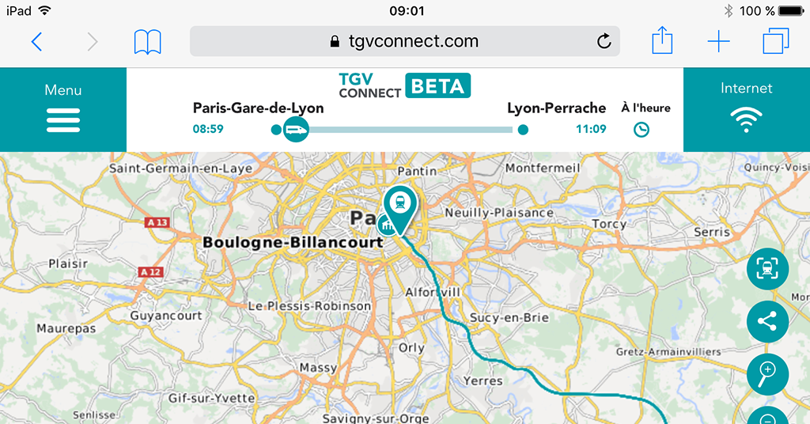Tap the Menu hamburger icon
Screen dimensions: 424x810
[x=63, y=119]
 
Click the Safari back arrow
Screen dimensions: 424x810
[x=36, y=41]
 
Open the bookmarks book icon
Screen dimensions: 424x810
[x=147, y=41]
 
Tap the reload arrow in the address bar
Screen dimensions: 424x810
[x=604, y=41]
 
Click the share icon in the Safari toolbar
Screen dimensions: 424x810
[x=661, y=40]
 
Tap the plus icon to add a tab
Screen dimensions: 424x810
[x=718, y=41]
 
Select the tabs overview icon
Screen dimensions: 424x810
[x=776, y=41]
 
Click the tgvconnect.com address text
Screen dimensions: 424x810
[x=413, y=41]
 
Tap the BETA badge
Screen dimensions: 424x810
[x=437, y=86]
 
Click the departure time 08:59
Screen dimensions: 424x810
[x=208, y=129]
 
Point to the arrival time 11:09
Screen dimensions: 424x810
[x=590, y=129]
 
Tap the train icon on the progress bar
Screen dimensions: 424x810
[x=296, y=128]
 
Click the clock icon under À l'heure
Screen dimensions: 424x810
[x=642, y=129]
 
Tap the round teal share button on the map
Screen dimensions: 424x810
[x=767, y=321]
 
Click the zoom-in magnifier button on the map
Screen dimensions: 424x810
[x=767, y=372]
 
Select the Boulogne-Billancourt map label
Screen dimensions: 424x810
[x=293, y=243]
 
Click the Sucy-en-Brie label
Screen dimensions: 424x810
[x=509, y=317]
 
